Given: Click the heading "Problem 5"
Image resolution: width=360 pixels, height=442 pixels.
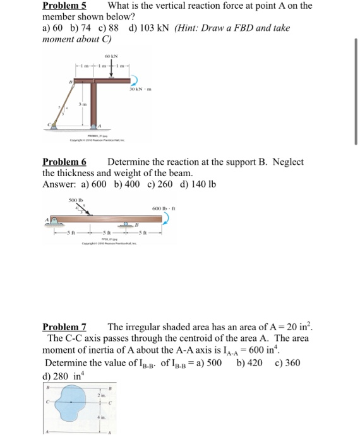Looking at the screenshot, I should point(64,6).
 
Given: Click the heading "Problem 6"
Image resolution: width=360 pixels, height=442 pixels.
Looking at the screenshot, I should point(64,162).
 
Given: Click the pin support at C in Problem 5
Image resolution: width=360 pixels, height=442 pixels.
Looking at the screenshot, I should point(53,126).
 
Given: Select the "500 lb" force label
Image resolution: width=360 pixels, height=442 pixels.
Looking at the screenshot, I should point(75,200).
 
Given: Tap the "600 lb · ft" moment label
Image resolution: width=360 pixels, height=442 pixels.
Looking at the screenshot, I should point(160,209).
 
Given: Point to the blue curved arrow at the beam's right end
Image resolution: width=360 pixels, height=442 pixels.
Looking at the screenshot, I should point(167,218).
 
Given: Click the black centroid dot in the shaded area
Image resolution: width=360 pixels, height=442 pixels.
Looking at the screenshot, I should point(70,403).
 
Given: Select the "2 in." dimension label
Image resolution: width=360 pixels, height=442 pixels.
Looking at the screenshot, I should point(100,395).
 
